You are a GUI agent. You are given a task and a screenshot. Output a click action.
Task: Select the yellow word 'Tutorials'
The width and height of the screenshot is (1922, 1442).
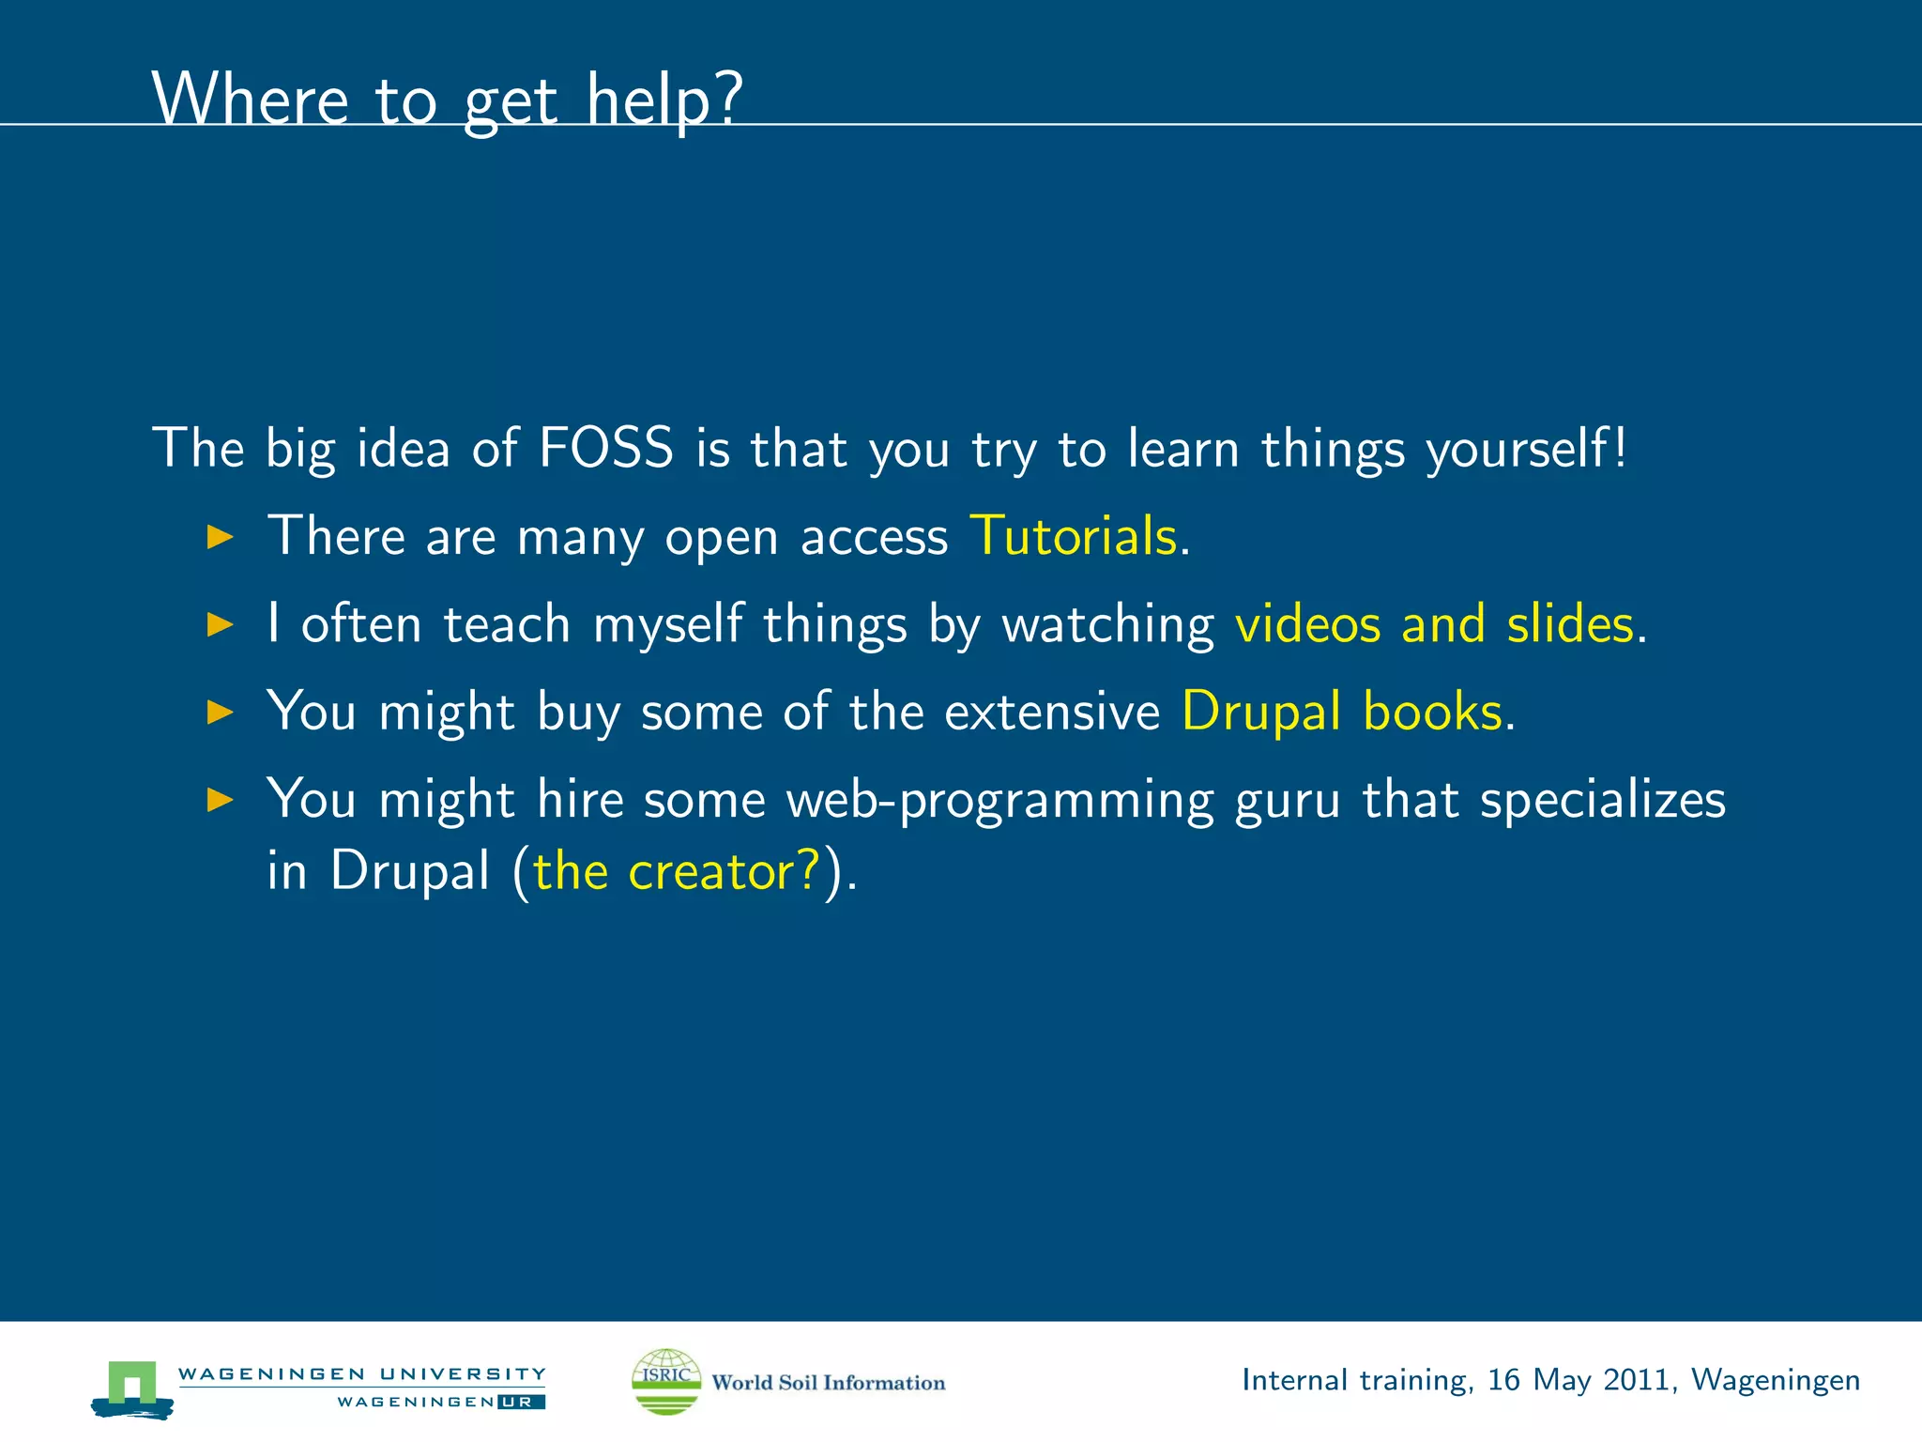(x=1073, y=536)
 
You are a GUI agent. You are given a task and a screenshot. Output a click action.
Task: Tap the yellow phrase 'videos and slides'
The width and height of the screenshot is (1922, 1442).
(x=1434, y=624)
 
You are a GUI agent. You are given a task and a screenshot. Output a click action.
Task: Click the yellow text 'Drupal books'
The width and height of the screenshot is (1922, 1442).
(x=1342, y=712)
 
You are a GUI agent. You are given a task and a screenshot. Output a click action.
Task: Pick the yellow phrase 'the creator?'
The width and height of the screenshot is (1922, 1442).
(x=677, y=870)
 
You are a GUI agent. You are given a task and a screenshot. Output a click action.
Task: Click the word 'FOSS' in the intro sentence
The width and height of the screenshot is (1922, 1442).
(x=606, y=448)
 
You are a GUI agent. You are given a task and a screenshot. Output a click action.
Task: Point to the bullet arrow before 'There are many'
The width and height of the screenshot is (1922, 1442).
(x=220, y=538)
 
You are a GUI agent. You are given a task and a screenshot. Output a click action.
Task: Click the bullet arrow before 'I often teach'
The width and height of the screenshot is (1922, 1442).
(x=220, y=625)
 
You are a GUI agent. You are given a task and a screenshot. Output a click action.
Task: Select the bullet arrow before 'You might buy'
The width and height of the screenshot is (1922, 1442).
(x=220, y=713)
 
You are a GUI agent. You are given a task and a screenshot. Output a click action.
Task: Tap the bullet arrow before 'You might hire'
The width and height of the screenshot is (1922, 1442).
(x=220, y=800)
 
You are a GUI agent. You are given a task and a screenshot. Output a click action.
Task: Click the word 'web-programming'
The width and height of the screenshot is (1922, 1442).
(x=999, y=801)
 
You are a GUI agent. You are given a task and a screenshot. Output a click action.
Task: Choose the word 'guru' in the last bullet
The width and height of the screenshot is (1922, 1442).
(x=1287, y=801)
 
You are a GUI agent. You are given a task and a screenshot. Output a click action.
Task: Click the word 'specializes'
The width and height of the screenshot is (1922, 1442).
(x=1602, y=801)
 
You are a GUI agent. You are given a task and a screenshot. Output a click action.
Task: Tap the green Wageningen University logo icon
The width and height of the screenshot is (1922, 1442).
(x=132, y=1388)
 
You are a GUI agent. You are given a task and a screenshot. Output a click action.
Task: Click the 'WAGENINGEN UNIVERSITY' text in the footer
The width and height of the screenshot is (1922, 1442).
(x=361, y=1374)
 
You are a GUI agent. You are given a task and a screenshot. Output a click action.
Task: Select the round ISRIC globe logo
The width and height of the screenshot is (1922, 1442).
(x=666, y=1381)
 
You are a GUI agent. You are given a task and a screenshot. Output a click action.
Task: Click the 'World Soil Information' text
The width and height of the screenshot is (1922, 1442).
(x=828, y=1383)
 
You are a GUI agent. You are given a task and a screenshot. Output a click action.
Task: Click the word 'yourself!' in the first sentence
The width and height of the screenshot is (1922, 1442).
(x=1526, y=449)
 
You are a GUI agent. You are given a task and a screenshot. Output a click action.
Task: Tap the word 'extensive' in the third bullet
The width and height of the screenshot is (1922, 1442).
(x=1051, y=712)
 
